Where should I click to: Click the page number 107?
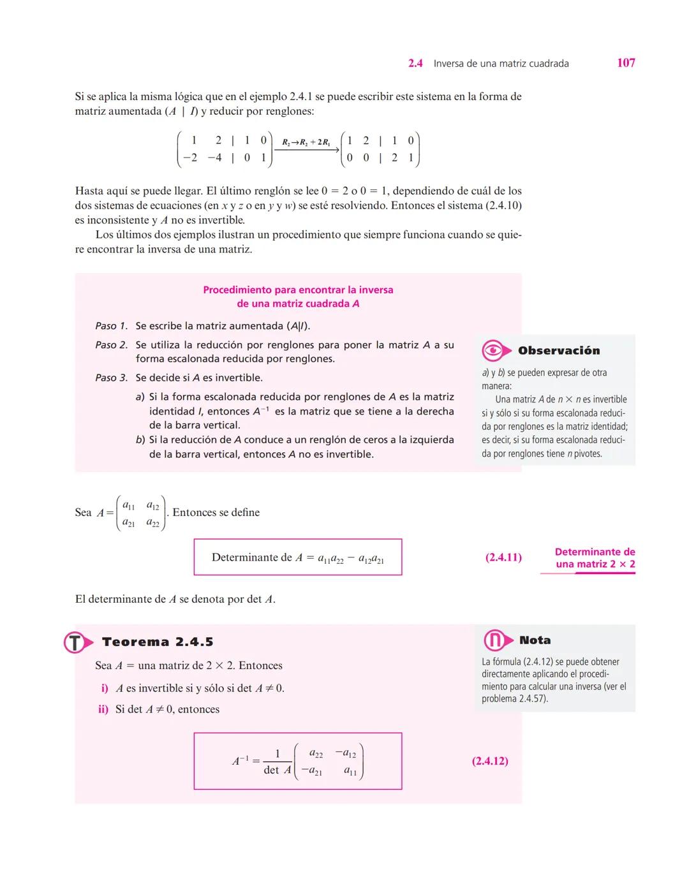click(x=626, y=63)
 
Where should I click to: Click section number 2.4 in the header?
click(x=415, y=63)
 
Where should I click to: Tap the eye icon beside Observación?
click(x=494, y=350)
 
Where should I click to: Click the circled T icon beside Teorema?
click(x=75, y=642)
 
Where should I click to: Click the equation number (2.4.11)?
click(x=503, y=557)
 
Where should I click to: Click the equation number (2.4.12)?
click(x=490, y=761)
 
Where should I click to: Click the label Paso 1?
click(x=111, y=326)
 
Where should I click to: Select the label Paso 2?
click(x=111, y=345)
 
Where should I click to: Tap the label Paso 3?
click(x=111, y=378)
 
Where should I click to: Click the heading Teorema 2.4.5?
click(x=158, y=642)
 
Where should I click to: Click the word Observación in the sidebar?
click(x=559, y=351)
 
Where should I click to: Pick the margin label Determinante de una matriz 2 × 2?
click(x=595, y=558)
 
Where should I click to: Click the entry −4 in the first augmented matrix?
click(x=214, y=158)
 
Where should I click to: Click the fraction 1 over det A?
click(x=277, y=762)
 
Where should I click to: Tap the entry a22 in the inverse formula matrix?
click(x=316, y=754)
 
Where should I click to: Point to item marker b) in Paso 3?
click(x=140, y=439)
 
